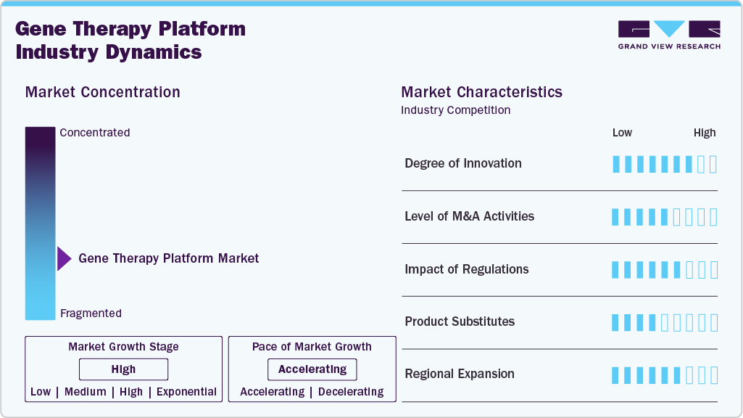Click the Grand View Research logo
coord(669,35)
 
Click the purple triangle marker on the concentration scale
coord(64,258)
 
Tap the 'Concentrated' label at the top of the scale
coord(95,133)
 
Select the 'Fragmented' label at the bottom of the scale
coord(91,313)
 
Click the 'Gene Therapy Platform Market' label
coord(168,258)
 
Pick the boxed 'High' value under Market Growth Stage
coord(123,369)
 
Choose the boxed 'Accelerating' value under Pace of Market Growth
coord(312,369)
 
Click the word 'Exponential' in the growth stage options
coord(186,392)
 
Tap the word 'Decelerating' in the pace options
coord(351,392)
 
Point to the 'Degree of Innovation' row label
coord(463,163)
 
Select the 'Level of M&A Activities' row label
coord(469,216)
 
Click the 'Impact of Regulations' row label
coord(467,269)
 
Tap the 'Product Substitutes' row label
coord(460,321)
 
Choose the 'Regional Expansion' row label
coord(460,374)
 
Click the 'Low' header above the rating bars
coord(622,133)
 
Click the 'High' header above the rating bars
coord(705,133)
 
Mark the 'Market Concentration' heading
coord(102,92)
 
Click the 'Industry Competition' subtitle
coord(455,110)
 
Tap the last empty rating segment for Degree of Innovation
coord(713,164)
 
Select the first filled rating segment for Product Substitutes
coord(615,322)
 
